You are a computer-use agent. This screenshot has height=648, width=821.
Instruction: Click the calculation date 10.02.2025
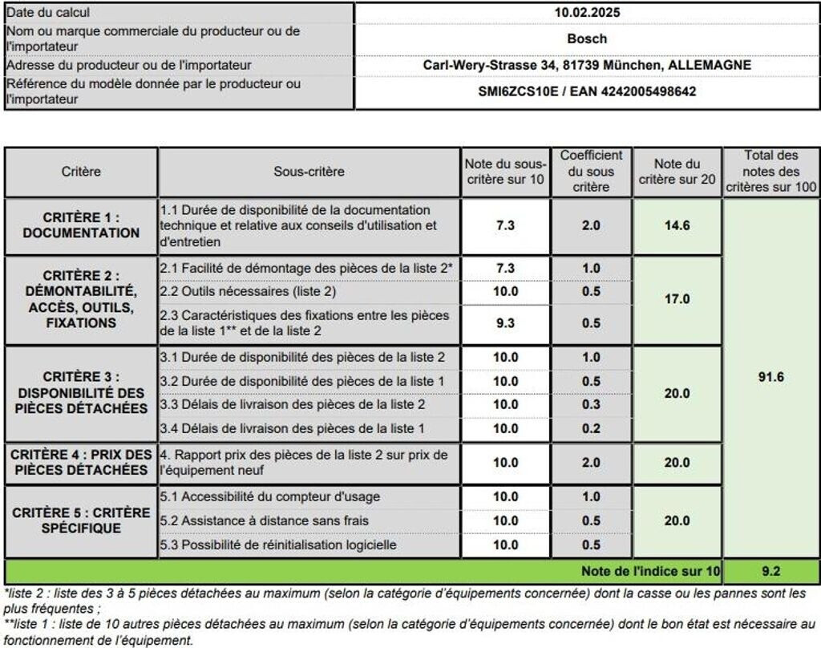(587, 12)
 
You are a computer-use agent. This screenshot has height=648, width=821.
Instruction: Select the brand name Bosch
(587, 38)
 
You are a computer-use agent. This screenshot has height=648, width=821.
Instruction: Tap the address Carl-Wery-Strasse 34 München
(587, 65)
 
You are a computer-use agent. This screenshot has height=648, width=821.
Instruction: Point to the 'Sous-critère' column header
(309, 172)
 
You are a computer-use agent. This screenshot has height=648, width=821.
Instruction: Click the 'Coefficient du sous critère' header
(591, 172)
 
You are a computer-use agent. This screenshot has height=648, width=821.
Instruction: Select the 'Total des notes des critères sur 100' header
(770, 172)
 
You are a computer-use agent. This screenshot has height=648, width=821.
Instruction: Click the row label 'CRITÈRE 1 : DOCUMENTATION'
(81, 225)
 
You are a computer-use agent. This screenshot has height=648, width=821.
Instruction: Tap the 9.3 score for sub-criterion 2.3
(505, 322)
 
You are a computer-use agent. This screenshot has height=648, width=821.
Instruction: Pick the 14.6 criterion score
(677, 225)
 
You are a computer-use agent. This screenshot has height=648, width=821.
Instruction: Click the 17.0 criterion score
(677, 299)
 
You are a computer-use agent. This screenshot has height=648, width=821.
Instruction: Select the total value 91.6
(770, 377)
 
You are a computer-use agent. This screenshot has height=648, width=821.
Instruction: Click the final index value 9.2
(770, 571)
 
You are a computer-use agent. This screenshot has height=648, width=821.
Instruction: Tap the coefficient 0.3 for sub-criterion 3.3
(591, 404)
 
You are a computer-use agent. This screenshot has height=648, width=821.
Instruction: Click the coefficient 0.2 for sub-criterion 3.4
(591, 428)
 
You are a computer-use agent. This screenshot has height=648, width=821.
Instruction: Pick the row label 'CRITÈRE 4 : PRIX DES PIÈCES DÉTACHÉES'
(81, 462)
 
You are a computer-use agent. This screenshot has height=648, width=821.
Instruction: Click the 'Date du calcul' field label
(47, 12)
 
